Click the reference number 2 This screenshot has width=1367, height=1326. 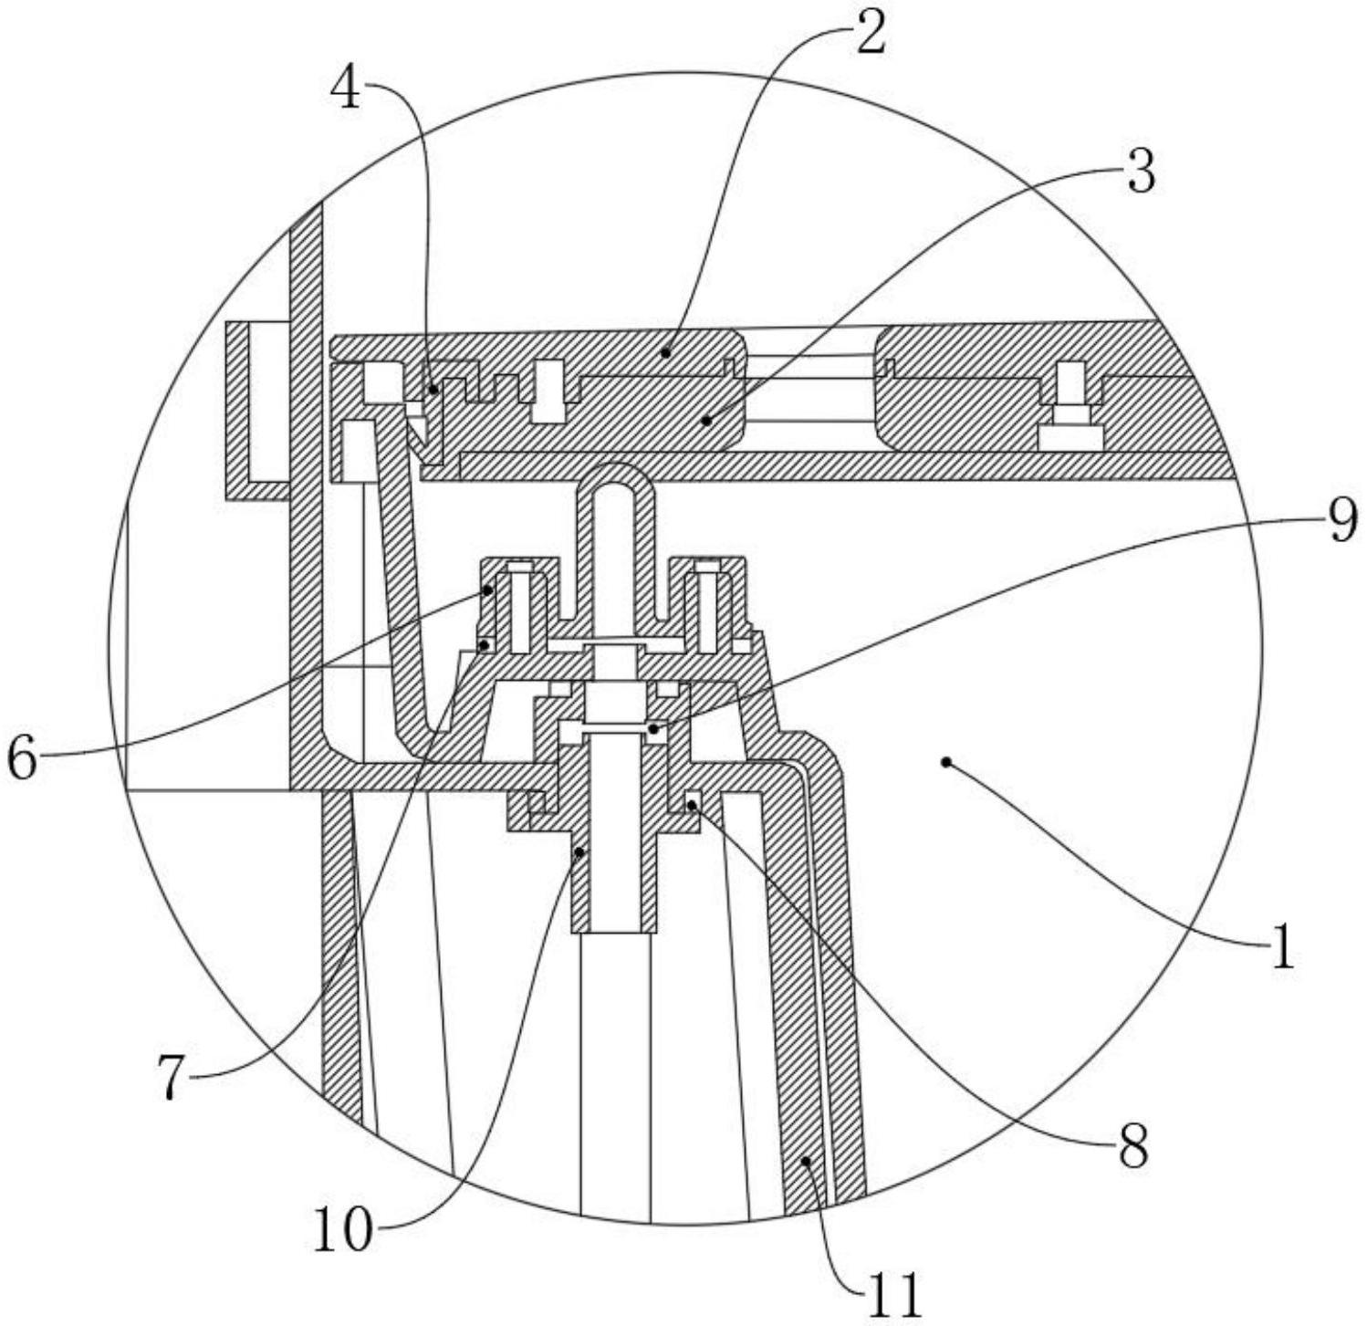coord(870,37)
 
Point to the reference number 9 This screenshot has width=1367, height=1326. coord(1341,523)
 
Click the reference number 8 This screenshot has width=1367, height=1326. coord(1132,1148)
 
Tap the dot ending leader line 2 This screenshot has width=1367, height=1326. coord(668,351)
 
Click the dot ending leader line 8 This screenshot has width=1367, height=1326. coord(691,804)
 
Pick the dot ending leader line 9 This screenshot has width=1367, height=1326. coord(653,728)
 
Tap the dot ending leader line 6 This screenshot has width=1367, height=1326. coord(488,590)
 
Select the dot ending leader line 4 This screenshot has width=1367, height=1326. coord(435,388)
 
